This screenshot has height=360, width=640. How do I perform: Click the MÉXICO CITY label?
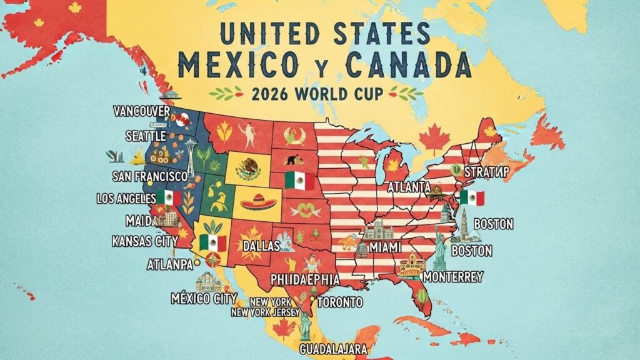pos(204,298)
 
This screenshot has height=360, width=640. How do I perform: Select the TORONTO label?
pos(340,302)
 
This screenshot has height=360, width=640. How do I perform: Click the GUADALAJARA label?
pos(333,348)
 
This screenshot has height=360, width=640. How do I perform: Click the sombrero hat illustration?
pos(257,202)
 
